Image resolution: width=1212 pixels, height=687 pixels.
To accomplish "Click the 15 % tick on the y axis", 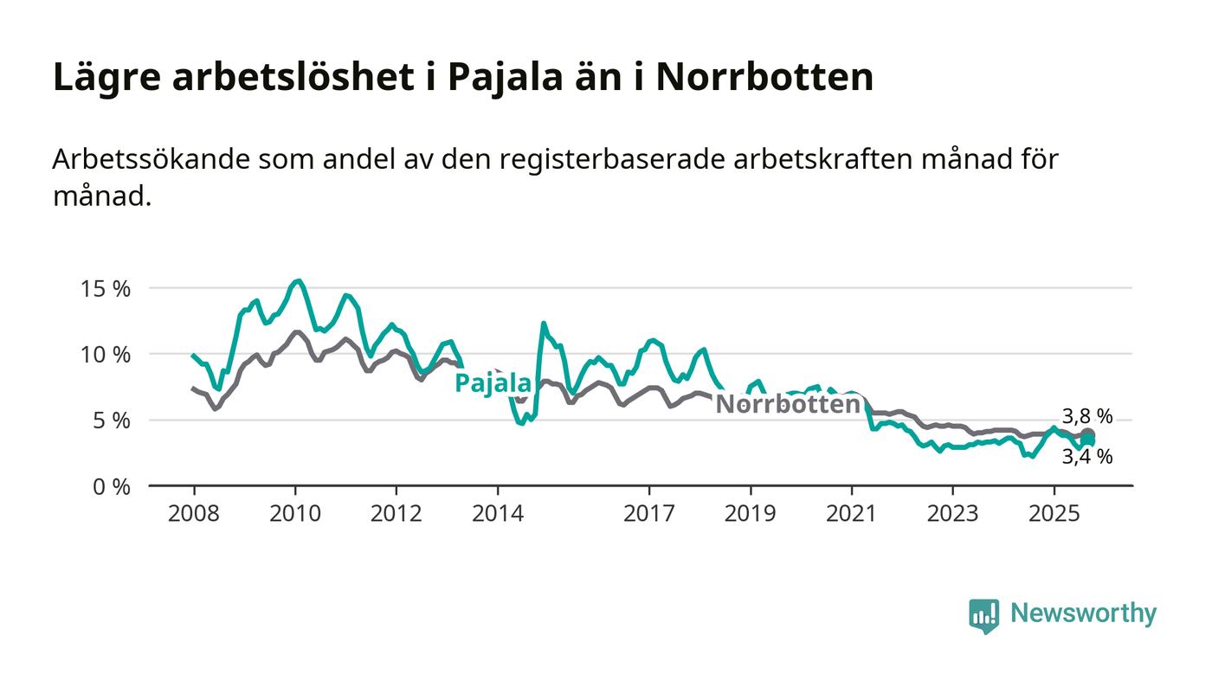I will (106, 289).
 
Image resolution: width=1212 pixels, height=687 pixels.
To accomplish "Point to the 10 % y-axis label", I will (106, 355).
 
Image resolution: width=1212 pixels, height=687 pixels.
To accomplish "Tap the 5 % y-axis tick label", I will (111, 421).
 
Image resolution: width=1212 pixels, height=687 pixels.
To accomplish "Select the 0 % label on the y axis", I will (111, 487).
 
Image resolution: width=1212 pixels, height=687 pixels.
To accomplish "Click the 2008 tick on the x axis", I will (193, 514).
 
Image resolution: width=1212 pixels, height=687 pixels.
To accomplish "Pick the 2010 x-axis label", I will (294, 514).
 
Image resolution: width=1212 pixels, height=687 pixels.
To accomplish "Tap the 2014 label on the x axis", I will (497, 514).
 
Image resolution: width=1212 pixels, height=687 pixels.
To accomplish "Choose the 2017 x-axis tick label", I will (649, 514).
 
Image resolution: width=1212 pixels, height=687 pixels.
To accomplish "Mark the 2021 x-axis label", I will (852, 514).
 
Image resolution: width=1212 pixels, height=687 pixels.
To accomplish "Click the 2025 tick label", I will (1054, 514).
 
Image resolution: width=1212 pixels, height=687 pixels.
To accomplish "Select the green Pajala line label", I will (493, 383).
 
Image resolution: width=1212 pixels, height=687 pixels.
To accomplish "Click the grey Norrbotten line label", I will (787, 404).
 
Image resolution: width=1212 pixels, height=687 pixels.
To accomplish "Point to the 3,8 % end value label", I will (1087, 417).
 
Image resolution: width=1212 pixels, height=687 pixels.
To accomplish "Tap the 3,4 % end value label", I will (1087, 457).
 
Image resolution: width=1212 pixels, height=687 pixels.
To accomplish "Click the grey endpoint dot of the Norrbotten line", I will (1088, 434).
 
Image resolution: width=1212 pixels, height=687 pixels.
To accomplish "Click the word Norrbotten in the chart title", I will (764, 77).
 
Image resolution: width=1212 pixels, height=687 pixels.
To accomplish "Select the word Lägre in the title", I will (106, 77).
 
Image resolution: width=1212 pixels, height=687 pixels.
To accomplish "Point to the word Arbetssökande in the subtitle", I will (145, 161).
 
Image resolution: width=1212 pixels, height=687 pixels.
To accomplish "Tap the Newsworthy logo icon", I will (983, 615).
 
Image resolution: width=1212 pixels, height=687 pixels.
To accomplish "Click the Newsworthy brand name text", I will (1083, 613).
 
